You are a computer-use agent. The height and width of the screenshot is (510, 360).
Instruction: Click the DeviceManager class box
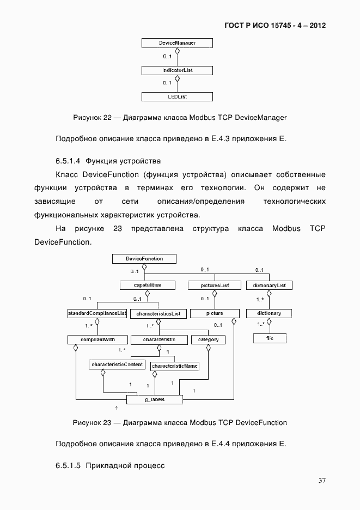177,42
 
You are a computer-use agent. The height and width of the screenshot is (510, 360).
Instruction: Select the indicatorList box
177,70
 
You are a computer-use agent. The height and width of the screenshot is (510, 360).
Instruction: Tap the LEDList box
177,97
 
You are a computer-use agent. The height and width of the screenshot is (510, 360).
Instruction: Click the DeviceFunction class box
144,258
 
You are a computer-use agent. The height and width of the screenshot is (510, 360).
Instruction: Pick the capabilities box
147,285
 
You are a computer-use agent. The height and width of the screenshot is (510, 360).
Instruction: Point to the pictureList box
215,285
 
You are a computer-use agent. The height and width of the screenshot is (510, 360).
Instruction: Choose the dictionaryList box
270,285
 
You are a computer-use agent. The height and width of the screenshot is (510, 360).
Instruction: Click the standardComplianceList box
97,313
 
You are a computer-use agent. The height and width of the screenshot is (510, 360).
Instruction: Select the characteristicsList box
158,314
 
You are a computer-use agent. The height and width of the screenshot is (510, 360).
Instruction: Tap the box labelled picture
215,313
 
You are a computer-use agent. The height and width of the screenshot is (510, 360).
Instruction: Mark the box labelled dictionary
269,313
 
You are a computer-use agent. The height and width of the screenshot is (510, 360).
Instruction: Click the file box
269,338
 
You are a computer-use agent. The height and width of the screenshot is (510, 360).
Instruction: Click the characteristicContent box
117,364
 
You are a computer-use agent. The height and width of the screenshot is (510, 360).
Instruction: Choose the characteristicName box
175,366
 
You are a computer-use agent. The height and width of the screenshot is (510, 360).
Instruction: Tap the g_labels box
155,399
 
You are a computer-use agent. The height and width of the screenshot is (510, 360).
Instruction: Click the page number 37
322,481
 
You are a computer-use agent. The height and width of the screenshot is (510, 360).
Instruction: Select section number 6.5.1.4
68,161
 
